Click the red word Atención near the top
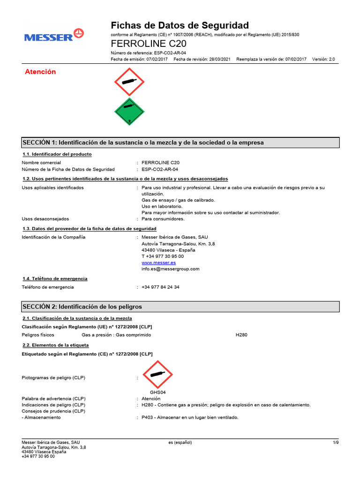40,72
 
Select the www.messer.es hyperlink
158,262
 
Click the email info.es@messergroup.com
170,269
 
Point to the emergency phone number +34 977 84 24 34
160,287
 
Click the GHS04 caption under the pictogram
158,392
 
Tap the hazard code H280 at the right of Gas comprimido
241,335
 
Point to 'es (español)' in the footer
180,442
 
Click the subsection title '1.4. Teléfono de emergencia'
55,278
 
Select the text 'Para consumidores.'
163,218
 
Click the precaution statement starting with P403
190,417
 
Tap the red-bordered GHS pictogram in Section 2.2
158,374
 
